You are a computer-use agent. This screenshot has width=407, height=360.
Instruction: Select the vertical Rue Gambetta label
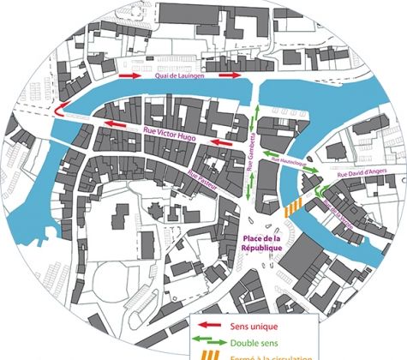252,153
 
